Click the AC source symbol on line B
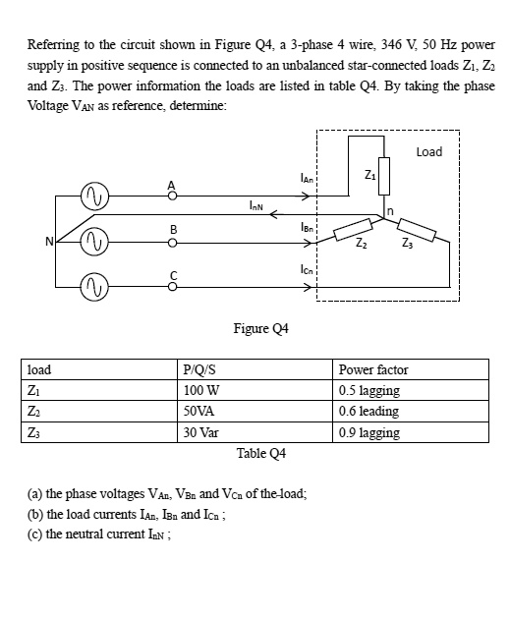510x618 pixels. [x=97, y=241]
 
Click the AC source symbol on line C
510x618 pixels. [x=97, y=287]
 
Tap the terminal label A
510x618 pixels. [x=171, y=182]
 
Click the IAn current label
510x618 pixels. [x=307, y=179]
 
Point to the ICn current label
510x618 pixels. [x=307, y=271]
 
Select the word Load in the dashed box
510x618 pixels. [x=428, y=151]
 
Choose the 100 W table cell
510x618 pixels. [x=200, y=390]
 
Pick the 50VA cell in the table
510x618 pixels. [x=199, y=412]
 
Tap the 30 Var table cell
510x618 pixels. [x=201, y=432]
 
